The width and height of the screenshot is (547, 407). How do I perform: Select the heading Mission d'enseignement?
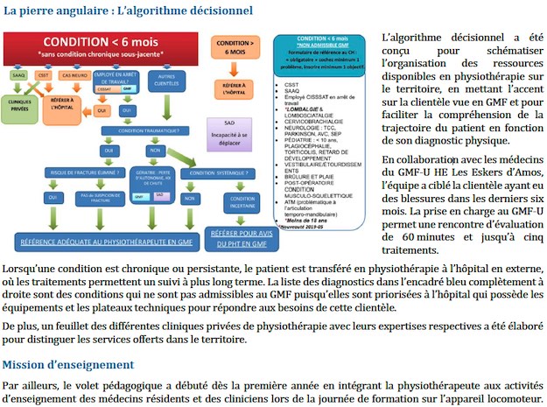tap(67, 363)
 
